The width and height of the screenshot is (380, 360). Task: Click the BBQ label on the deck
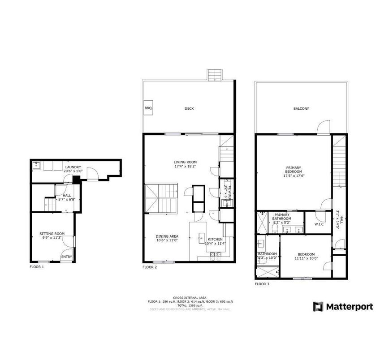point(147,108)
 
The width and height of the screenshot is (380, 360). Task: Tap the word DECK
point(189,108)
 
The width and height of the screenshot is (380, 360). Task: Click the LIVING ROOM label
point(185,162)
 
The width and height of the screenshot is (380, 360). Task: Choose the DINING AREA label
point(167,236)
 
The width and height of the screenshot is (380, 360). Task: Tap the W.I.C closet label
point(319,224)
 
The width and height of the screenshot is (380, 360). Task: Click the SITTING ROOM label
point(52,233)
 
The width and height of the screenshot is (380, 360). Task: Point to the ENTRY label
point(66,257)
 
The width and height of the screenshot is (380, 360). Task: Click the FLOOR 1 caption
point(37,267)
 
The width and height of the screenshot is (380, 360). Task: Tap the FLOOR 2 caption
point(150,267)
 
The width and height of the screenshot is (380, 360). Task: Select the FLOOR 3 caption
point(262,284)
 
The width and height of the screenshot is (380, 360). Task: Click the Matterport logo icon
point(318,307)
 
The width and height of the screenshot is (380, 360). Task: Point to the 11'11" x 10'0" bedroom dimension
point(306,258)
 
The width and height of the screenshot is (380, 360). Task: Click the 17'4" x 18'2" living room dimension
point(185,167)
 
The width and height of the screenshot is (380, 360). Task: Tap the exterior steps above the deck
point(213,75)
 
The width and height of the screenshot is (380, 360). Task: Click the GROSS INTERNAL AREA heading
point(190,297)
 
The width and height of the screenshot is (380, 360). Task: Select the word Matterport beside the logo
point(349,307)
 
